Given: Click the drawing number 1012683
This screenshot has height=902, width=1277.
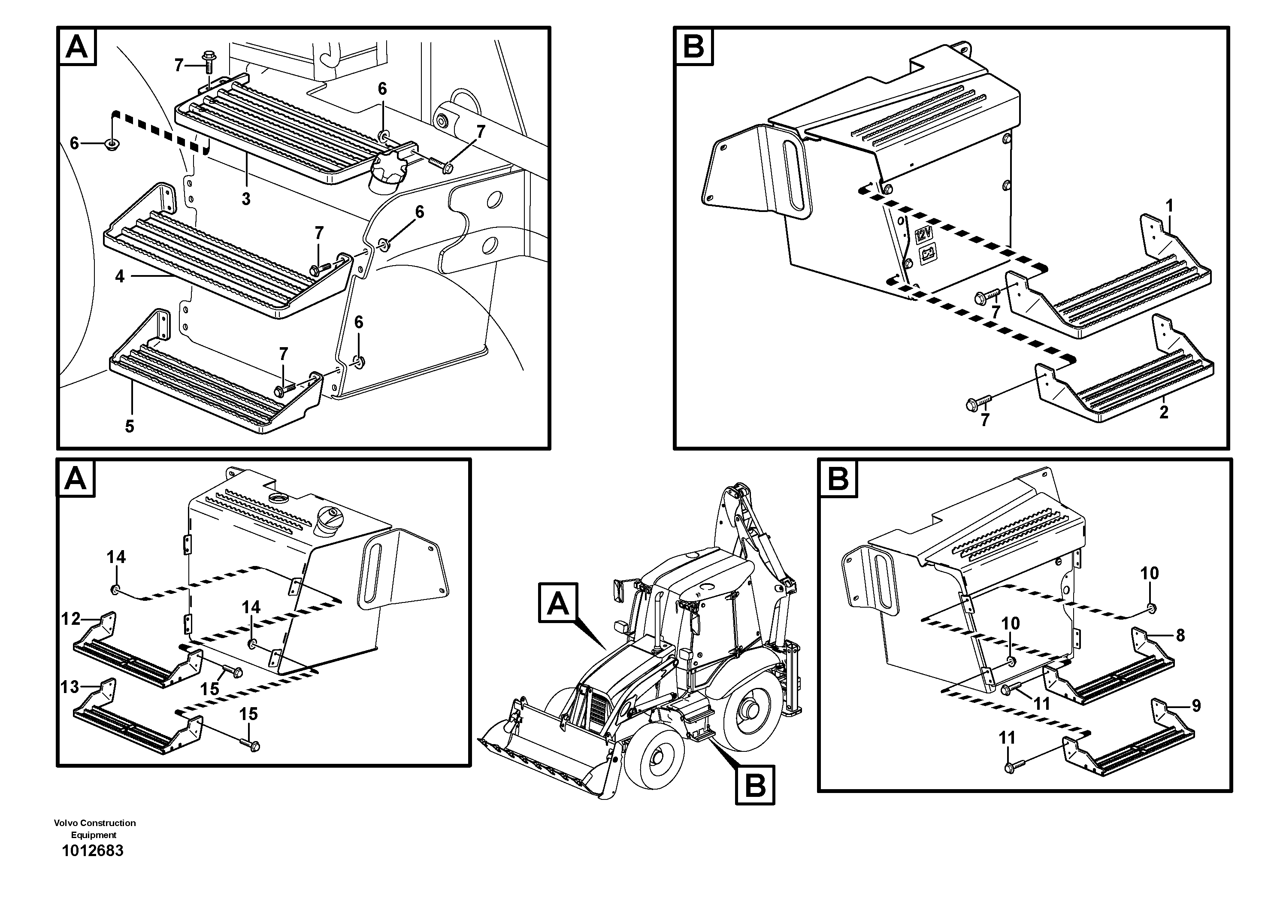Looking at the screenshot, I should click(x=92, y=851).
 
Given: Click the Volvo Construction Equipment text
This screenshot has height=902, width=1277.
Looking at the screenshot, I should click(x=94, y=829).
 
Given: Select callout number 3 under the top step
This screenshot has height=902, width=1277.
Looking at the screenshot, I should click(x=246, y=199).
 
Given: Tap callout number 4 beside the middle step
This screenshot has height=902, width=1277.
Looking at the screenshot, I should click(x=120, y=276).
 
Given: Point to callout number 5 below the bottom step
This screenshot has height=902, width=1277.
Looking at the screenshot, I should click(x=130, y=427).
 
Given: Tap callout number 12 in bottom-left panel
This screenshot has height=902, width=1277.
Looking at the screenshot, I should click(x=71, y=619).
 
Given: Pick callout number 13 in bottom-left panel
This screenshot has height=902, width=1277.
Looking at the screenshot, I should click(x=70, y=687).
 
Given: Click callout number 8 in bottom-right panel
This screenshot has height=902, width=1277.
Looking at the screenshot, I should click(x=1180, y=635).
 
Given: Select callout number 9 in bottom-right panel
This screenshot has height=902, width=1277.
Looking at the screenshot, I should click(x=1196, y=706).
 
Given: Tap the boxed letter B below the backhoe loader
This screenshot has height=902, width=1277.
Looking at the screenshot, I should click(x=755, y=785).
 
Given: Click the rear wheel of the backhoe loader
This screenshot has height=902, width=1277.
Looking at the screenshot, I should click(x=750, y=710).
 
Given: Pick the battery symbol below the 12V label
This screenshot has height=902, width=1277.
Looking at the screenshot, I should click(x=928, y=254).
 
